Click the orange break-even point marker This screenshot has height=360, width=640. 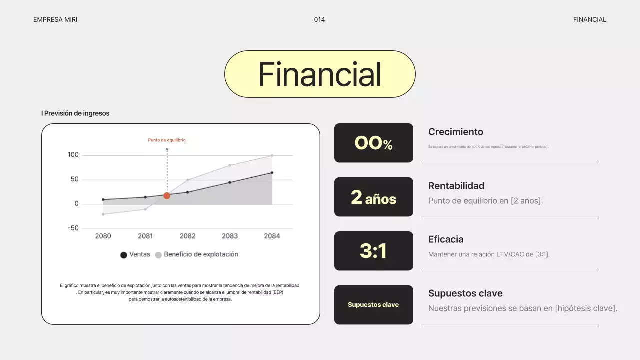click(x=167, y=196)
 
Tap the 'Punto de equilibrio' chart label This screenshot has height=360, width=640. click(x=167, y=140)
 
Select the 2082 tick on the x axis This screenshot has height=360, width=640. click(x=187, y=236)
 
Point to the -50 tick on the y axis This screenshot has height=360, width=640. click(x=73, y=228)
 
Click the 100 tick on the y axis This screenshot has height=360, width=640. click(x=73, y=155)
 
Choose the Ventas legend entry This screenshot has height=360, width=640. click(x=135, y=254)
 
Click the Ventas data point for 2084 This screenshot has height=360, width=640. click(x=272, y=173)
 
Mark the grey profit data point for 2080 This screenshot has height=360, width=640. click(x=103, y=214)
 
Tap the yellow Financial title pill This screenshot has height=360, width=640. click(x=320, y=74)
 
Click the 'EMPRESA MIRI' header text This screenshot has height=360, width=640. click(x=55, y=20)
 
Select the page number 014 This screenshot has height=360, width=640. click(x=319, y=20)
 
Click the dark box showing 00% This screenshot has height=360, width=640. click(x=373, y=143)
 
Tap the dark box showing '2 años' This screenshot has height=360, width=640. click(x=373, y=197)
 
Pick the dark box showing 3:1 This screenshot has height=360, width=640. click(x=373, y=251)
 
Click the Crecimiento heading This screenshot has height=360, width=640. click(x=455, y=132)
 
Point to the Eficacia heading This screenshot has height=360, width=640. click(x=446, y=239)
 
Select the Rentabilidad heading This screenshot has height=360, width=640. click(x=456, y=186)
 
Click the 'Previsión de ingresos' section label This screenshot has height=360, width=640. click(x=76, y=113)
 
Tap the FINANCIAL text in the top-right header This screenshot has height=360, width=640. click(x=589, y=20)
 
